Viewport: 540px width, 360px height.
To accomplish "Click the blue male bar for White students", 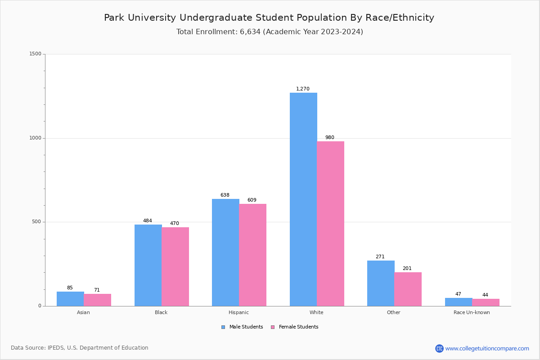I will (x=303, y=199).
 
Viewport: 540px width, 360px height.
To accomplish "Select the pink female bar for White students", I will (x=330, y=224).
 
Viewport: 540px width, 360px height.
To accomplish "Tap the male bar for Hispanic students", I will (x=225, y=252).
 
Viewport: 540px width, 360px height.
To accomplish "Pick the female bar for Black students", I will (x=175, y=266).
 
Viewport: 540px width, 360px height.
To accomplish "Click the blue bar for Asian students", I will (x=70, y=299).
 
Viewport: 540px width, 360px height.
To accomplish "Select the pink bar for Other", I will (x=408, y=289).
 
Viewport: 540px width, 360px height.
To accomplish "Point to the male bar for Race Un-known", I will (x=459, y=302).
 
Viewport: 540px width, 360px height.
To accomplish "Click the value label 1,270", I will (x=302, y=89).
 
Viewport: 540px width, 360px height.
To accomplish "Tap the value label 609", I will (x=252, y=200).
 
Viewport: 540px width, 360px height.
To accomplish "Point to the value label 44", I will (x=485, y=295).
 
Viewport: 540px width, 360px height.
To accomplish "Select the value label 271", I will (x=380, y=257).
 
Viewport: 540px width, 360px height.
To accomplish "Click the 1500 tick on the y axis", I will (x=36, y=54).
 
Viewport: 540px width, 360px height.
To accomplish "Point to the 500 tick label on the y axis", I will (x=37, y=222).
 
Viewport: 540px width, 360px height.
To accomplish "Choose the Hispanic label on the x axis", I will (x=238, y=312).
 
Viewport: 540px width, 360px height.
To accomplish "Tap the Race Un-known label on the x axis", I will (x=472, y=312).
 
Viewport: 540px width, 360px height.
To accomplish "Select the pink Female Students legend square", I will (x=273, y=327).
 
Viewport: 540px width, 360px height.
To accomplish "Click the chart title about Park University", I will (x=269, y=18).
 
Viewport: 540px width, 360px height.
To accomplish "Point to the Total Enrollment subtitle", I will (x=270, y=32).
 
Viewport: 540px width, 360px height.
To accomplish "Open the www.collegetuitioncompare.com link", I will (x=487, y=348).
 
